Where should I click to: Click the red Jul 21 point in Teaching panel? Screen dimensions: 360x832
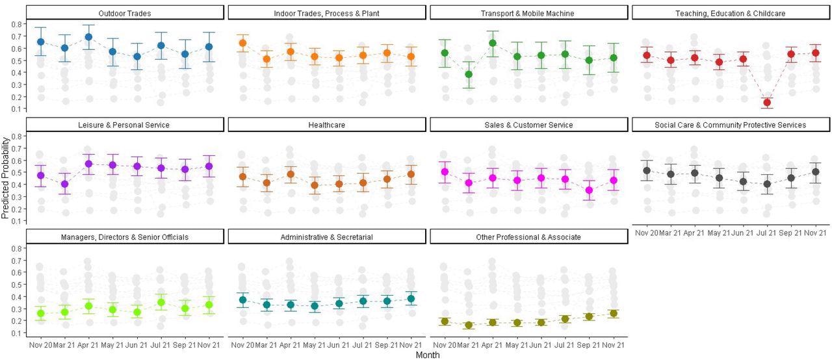[767, 102]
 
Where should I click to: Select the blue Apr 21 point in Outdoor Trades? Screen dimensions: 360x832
[88, 37]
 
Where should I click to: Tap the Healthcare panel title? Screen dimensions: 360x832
[326, 125]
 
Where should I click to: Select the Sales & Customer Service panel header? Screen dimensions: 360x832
[528, 125]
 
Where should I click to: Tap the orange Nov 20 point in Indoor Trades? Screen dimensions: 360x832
[242, 43]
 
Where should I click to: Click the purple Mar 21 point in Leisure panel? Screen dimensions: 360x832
[64, 184]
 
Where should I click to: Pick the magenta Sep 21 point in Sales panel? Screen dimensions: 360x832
[589, 190]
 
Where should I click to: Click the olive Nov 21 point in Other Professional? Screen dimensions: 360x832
[612, 313]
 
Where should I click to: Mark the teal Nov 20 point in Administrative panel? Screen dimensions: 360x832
[242, 300]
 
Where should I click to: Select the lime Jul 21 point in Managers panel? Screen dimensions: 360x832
[161, 302]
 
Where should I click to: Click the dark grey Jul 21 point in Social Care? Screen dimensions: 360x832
[767, 184]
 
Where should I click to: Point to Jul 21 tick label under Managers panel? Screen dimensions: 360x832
[161, 345]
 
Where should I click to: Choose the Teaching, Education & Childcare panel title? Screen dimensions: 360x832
[731, 13]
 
